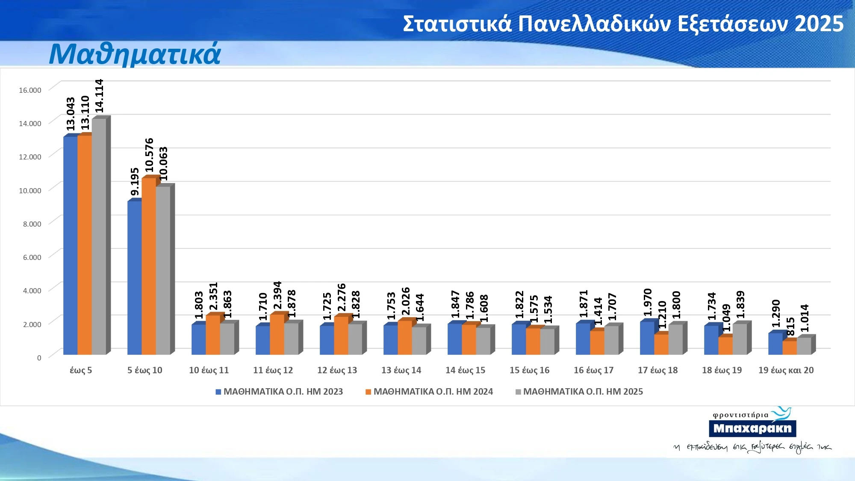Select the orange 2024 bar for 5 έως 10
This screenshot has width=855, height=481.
pyautogui.click(x=148, y=266)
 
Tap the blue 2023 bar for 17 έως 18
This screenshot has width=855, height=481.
pyautogui.click(x=647, y=338)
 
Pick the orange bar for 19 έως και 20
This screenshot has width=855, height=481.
pyautogui.click(x=789, y=348)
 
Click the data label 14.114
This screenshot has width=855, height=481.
pyautogui.click(x=99, y=96)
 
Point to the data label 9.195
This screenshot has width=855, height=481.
pyautogui.click(x=135, y=182)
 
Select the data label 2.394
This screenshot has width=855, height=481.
pyautogui.click(x=277, y=295)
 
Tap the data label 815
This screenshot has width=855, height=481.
pyautogui.click(x=790, y=326)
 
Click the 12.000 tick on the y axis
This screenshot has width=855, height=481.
pyautogui.click(x=30, y=157)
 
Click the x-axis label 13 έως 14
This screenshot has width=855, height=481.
pyautogui.click(x=401, y=370)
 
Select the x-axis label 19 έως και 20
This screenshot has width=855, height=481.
pyautogui.click(x=786, y=370)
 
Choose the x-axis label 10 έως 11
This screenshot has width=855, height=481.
pyautogui.click(x=209, y=370)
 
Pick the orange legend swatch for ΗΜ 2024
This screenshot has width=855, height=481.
pyautogui.click(x=368, y=392)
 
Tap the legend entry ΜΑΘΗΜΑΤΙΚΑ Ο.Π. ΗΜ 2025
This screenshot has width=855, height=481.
pyautogui.click(x=583, y=392)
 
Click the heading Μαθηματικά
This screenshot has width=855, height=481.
pyautogui.click(x=135, y=54)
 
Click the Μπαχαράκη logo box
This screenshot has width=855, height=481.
pyautogui.click(x=752, y=428)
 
